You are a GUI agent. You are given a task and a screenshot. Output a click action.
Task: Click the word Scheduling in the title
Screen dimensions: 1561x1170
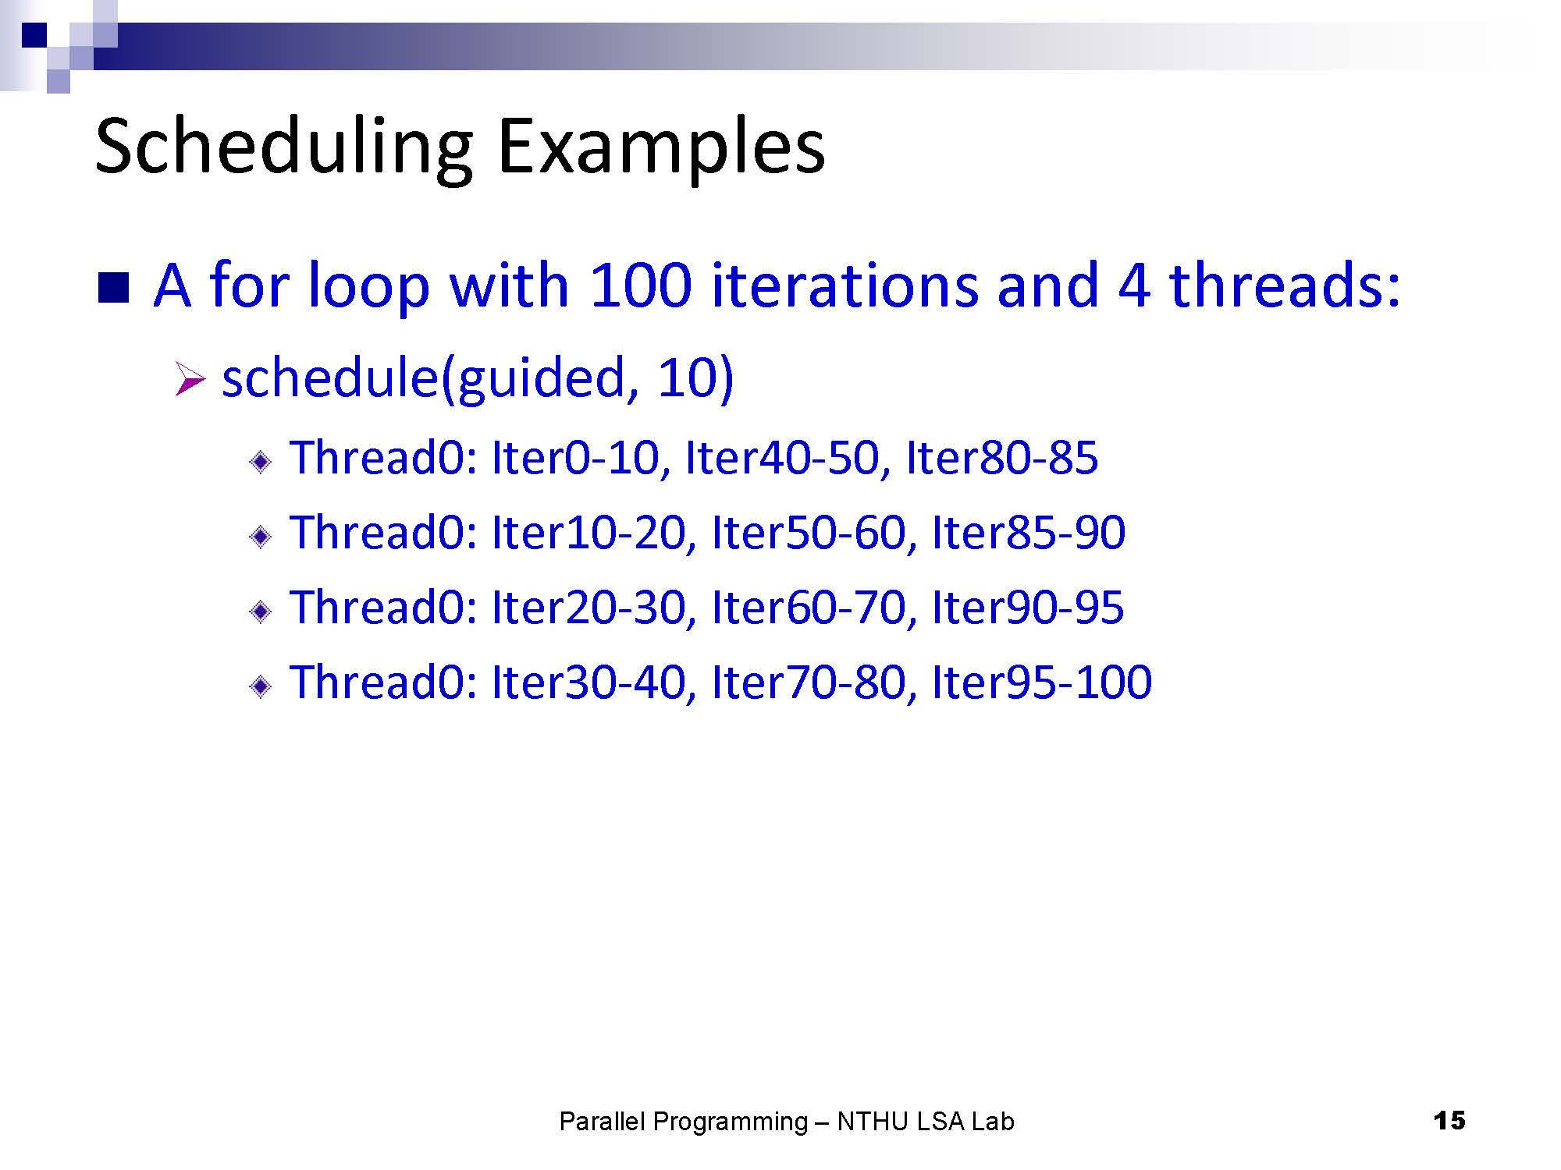284,149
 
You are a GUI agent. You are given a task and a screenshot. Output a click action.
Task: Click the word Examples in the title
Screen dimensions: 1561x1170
661,149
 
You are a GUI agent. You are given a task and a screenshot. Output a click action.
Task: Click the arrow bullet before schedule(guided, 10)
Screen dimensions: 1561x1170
190,380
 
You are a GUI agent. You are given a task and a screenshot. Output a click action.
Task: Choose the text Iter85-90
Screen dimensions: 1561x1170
1029,532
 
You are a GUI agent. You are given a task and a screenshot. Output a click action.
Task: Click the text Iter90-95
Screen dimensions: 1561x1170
1028,607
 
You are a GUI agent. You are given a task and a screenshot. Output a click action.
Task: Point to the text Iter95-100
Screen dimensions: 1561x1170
1042,682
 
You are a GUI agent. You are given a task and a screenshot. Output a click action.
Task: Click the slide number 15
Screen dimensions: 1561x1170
1449,1121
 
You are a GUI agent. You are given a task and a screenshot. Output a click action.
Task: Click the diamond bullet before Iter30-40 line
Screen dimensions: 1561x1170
261,686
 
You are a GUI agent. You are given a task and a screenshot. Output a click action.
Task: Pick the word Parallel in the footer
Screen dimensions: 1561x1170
603,1122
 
